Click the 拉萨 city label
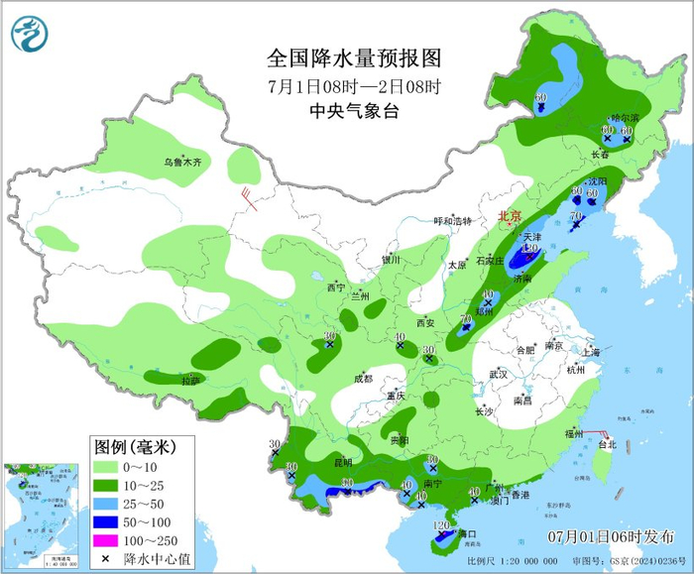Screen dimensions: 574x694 pos(190,380)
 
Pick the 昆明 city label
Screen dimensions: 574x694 pos(342,461)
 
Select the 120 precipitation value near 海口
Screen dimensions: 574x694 pos(442,524)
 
